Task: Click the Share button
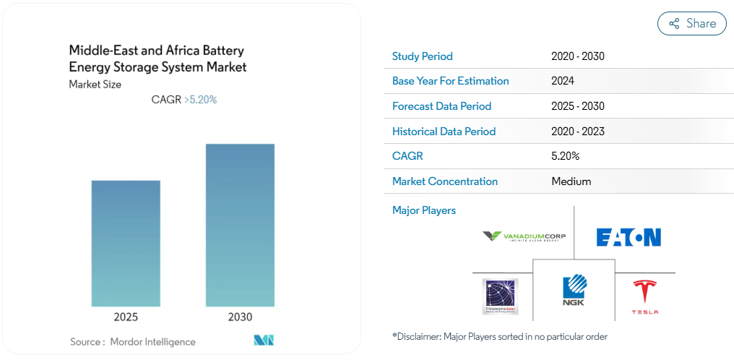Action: click(691, 23)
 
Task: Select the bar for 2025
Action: click(126, 243)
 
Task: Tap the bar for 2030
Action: click(240, 225)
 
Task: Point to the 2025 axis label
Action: click(126, 317)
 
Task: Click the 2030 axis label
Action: click(240, 317)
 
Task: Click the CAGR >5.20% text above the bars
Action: click(183, 100)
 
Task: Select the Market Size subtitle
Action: click(95, 85)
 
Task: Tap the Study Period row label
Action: click(422, 56)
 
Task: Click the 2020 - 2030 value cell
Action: click(577, 56)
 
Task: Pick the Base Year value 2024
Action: click(562, 81)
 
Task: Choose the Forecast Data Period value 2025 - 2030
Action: click(577, 106)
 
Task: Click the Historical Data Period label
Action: click(444, 132)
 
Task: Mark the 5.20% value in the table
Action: click(565, 156)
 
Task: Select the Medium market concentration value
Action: click(571, 181)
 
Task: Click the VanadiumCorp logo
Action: click(524, 236)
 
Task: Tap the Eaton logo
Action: click(629, 237)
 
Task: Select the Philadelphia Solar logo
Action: click(501, 296)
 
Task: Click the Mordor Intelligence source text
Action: click(133, 341)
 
